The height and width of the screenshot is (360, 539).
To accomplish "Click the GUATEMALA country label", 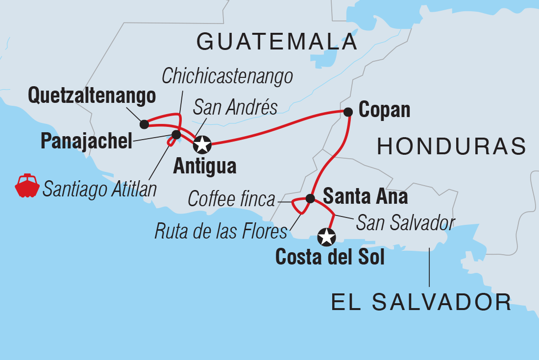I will pos(277,42).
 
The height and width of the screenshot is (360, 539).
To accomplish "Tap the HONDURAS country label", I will pos(451,146).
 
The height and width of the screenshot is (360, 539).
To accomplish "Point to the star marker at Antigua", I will pos(202,144).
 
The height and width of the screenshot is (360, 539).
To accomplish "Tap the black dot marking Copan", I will pos(348,112).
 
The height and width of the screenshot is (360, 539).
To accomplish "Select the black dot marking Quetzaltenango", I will pos(144,124).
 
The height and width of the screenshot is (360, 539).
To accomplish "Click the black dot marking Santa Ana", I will pos(310,198).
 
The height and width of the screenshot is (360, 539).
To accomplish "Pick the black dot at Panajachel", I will pos(176,134).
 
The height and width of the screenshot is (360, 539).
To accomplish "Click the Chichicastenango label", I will pos(227,76).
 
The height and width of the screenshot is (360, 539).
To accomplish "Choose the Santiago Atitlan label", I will pos(99,189).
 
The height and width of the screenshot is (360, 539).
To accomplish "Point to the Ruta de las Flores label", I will pos(220,231).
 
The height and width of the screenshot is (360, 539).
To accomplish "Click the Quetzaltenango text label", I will pos(92,96).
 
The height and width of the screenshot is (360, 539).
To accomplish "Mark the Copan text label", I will pos(384,110).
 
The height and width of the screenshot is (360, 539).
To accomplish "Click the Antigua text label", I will pos(205,166).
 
